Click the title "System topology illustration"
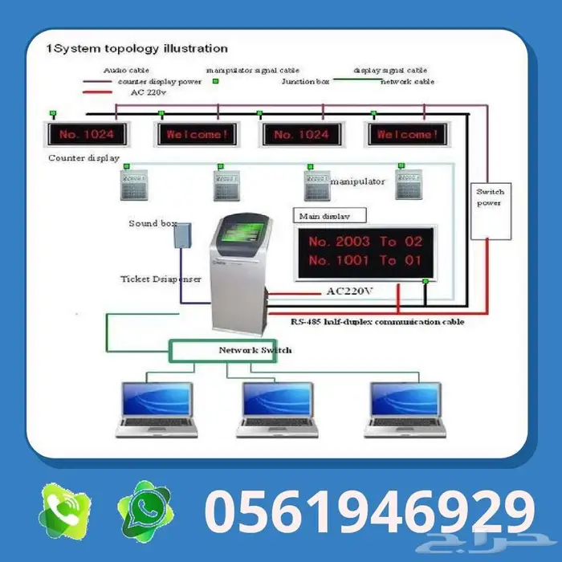139,49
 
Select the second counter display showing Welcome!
197,134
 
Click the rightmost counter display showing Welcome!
407,134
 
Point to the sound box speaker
185,235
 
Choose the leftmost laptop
157,409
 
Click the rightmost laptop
405,409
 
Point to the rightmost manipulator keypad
409,184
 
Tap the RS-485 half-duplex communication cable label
377,321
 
